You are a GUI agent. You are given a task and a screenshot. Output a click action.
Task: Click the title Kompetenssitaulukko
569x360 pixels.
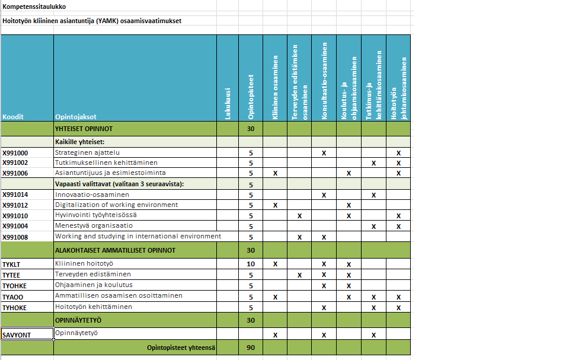tap(34, 7)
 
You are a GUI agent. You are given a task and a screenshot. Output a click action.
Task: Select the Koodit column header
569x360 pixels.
tap(13, 117)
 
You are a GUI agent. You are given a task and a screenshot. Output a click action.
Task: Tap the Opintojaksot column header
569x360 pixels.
tap(75, 117)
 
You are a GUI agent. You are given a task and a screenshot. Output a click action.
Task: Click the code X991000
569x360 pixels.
tap(15, 153)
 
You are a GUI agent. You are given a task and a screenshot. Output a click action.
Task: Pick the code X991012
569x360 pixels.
tap(15, 205)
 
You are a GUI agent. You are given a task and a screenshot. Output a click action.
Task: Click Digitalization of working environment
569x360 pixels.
tap(116, 205)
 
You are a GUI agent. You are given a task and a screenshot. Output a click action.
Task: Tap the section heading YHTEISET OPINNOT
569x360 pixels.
tap(84, 128)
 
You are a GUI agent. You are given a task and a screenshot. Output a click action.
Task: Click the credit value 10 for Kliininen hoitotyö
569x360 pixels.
tap(251, 263)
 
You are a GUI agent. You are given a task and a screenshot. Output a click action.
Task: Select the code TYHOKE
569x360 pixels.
tap(15, 307)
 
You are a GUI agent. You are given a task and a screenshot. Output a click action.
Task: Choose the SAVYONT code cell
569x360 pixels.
tap(17, 335)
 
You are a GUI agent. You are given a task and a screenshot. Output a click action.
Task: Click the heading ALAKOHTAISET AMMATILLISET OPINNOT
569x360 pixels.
tap(115, 250)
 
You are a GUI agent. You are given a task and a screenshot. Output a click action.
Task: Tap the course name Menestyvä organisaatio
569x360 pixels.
tap(94, 226)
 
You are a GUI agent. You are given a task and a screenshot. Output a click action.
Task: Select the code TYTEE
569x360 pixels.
tap(12, 275)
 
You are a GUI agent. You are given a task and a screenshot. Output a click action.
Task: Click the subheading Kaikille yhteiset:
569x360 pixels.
tap(80, 142)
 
